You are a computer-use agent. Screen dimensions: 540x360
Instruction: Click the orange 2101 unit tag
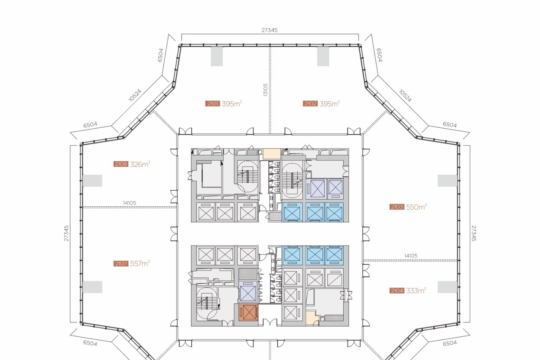tap(212, 104)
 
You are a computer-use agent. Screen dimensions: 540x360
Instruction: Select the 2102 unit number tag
tap(310, 104)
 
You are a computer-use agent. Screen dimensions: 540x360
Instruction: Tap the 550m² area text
tap(416, 207)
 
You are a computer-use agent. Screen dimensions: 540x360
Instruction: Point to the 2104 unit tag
tap(396, 291)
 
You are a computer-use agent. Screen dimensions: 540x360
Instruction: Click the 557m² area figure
tap(140, 263)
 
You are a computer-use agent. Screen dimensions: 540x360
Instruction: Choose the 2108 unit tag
tap(121, 164)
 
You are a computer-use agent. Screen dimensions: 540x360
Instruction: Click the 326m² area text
tap(140, 164)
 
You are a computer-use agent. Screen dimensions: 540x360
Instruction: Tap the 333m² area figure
tap(416, 291)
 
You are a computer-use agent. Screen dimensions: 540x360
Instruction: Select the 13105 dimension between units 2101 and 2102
tap(266, 90)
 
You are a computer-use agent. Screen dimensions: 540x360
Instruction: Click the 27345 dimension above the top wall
tap(269, 30)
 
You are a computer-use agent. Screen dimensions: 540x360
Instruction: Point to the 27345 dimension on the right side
tap(474, 233)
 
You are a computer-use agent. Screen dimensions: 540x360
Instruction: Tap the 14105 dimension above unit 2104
tap(411, 256)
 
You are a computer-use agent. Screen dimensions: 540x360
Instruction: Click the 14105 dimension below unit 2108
tap(130, 203)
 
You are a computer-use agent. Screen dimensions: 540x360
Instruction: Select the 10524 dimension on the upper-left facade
tap(135, 95)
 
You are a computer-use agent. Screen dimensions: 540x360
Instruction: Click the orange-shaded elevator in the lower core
tap(248, 312)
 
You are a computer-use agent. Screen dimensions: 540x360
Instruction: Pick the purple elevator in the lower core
tap(248, 291)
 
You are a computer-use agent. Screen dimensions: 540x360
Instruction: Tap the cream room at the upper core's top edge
tap(271, 154)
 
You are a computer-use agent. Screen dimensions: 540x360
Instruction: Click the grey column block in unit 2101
tap(217, 57)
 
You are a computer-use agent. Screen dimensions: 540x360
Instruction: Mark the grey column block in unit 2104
tap(448, 287)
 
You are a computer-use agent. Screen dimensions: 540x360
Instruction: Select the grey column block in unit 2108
tap(92, 181)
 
